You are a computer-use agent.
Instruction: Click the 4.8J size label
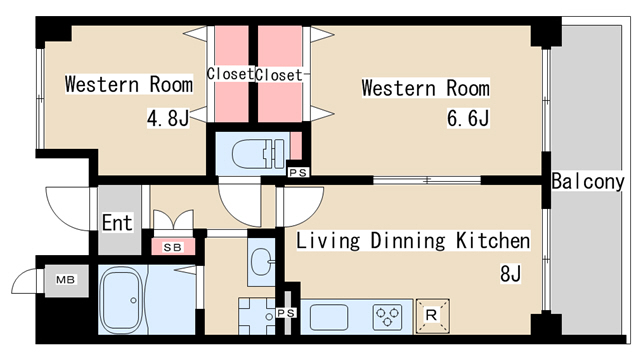coord(168,118)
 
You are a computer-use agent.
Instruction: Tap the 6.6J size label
coord(468,118)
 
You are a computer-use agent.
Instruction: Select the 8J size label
coord(510,273)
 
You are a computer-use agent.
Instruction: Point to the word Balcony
coord(588,182)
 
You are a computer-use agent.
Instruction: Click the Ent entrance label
coord(117,223)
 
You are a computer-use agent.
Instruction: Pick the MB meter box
coord(66,280)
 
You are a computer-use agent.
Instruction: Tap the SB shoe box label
coord(173,247)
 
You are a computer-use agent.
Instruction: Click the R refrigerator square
coord(432,316)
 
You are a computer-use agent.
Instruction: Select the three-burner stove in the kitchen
coord(387,317)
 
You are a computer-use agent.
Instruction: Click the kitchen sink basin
coord(329,318)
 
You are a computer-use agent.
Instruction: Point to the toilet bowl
coord(258,153)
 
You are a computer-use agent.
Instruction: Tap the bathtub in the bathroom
coord(121,300)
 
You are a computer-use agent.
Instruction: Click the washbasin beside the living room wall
coord(261,261)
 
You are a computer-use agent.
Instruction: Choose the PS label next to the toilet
coord(298,173)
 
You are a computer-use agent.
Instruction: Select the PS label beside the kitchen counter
coord(286,313)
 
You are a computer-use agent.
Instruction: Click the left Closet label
coord(230,74)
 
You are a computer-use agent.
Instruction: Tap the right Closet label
coord(279,75)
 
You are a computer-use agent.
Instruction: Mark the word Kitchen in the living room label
coord(493,240)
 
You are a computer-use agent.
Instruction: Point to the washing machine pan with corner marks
coord(257,316)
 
